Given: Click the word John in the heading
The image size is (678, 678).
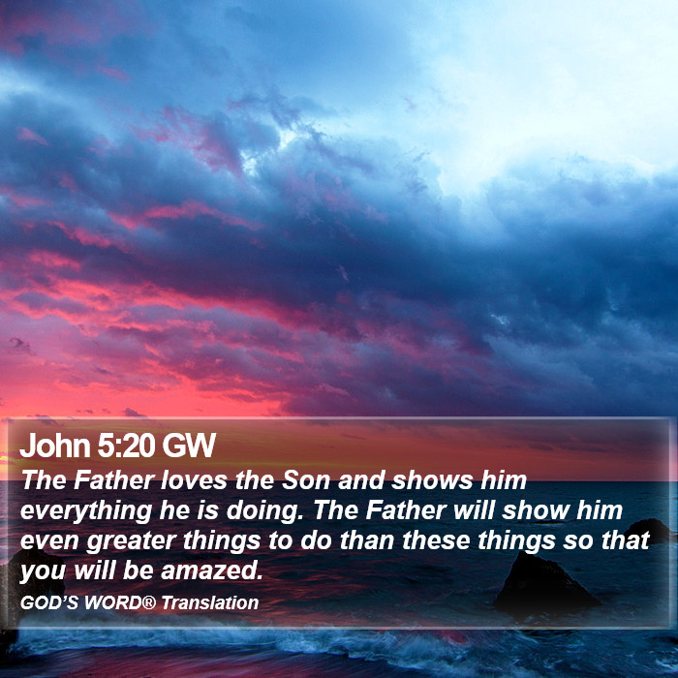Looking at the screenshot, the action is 54,445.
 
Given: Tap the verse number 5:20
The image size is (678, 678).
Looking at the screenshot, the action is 125,445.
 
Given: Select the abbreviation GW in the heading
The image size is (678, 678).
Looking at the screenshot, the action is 189,445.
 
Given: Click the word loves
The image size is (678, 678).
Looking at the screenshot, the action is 194,480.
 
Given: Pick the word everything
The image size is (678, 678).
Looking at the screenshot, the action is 86,511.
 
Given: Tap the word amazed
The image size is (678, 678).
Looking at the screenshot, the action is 212,570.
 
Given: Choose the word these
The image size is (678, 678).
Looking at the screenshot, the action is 436,540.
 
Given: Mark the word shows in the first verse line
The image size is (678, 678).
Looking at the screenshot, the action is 432,480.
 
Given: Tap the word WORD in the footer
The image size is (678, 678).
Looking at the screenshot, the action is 113,602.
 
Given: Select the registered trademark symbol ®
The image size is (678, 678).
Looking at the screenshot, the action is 149,601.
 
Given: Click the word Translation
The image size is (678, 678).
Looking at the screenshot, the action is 210,602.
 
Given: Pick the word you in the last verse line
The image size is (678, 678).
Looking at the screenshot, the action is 43,571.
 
